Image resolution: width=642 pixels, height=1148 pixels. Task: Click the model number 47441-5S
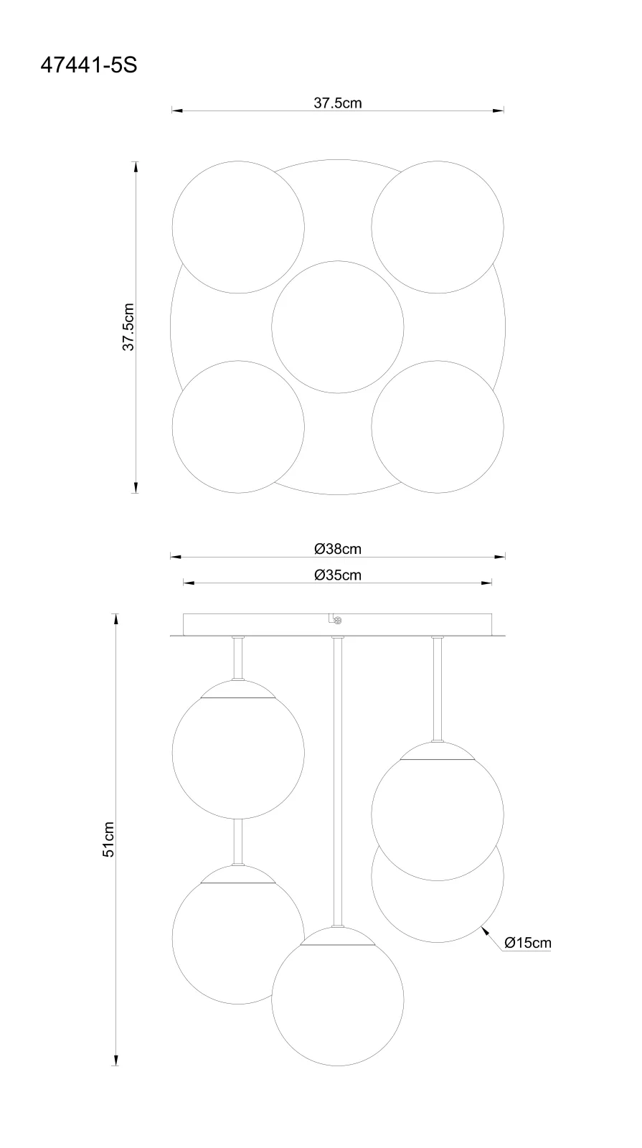tap(89, 65)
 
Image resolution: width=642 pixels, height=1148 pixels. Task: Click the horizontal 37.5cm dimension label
tap(338, 103)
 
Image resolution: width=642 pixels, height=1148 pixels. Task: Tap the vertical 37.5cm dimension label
tap(128, 327)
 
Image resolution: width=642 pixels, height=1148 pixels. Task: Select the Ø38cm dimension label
tap(338, 549)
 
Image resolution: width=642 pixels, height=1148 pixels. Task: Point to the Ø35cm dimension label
tap(338, 575)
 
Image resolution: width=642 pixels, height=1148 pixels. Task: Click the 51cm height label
tap(108, 839)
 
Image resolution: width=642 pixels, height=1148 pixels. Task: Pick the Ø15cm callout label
tap(528, 943)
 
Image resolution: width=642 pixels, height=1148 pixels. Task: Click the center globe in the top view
tap(338, 327)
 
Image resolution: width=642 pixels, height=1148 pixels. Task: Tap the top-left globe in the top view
tap(238, 227)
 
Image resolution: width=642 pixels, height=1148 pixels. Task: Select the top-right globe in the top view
tap(438, 227)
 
